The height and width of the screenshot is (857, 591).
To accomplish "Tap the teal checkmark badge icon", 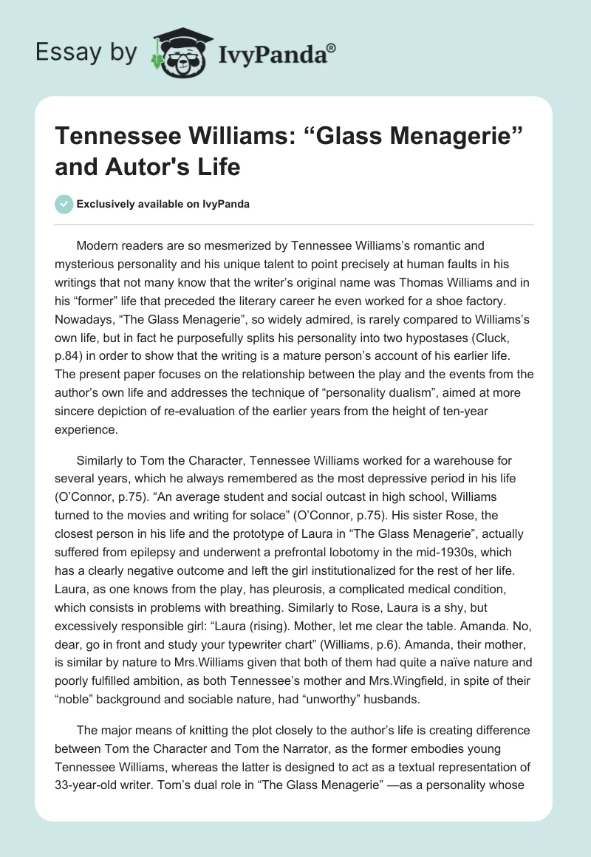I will coord(64,204).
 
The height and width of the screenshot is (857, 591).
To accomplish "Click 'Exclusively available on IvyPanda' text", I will coord(163,204).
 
